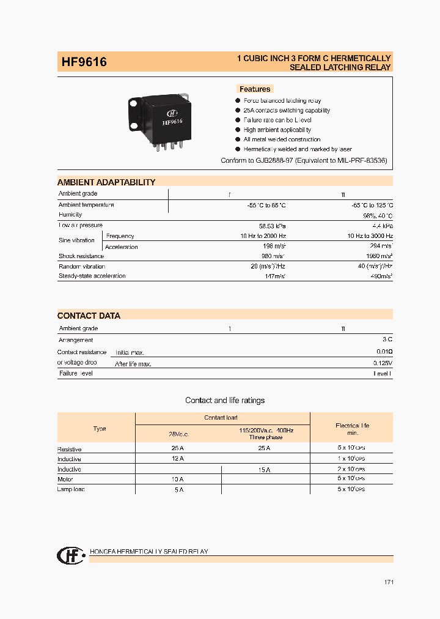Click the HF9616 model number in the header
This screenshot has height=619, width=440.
pyautogui.click(x=84, y=62)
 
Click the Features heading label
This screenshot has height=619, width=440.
pyautogui.click(x=255, y=89)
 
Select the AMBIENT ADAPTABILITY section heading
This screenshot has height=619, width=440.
pyautogui.click(x=106, y=182)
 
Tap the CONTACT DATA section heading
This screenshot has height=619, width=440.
pyautogui.click(x=89, y=316)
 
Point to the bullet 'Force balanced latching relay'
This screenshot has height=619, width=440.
pyautogui.click(x=282, y=100)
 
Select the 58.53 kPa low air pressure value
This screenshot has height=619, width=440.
pyautogui.click(x=271, y=226)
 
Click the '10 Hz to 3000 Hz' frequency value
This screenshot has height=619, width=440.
pyautogui.click(x=370, y=236)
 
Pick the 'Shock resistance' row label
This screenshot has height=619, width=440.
pyautogui.click(x=81, y=256)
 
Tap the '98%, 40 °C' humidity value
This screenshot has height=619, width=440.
pyautogui.click(x=378, y=215)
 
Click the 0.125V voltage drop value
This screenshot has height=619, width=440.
pyautogui.click(x=382, y=363)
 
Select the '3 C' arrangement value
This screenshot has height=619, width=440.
pyautogui.click(x=387, y=339)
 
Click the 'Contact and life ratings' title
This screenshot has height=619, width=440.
pyautogui.click(x=225, y=401)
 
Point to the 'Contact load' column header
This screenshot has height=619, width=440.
pyautogui.click(x=221, y=418)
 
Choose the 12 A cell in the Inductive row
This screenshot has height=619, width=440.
pyautogui.click(x=178, y=459)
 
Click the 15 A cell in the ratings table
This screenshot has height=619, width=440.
pyautogui.click(x=264, y=469)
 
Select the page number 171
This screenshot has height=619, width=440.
pyautogui.click(x=389, y=582)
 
